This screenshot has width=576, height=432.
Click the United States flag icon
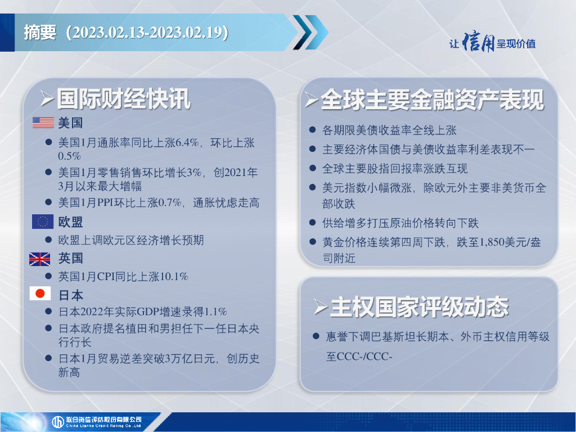click(43, 122)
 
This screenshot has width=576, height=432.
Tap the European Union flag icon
click(43, 222)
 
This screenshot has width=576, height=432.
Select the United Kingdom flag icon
click(40, 259)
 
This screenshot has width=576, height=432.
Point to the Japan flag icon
click(40, 294)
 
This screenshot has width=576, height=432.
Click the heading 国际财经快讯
click(123, 98)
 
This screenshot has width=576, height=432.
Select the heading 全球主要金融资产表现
click(432, 100)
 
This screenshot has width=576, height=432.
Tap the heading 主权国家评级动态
click(419, 307)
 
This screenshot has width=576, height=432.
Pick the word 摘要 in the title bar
click(40, 32)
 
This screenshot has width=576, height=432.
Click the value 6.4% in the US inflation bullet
click(187, 142)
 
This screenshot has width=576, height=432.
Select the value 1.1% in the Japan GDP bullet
click(215, 312)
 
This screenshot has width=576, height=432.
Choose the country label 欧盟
click(70, 222)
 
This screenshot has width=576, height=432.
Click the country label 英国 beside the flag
click(70, 258)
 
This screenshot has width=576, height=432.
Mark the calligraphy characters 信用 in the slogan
click(478, 42)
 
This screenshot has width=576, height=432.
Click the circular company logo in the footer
click(58, 422)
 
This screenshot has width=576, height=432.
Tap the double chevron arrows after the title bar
click(310, 32)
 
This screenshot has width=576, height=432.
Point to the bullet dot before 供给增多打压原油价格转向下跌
click(313, 222)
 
